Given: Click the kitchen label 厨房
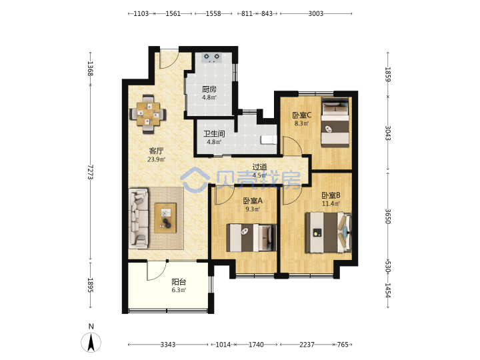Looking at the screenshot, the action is pyautogui.click(x=209, y=89).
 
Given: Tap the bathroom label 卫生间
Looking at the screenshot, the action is pyautogui.click(x=214, y=134).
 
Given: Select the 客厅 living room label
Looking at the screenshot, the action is pyautogui.click(x=156, y=151).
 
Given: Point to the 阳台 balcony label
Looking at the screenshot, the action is pyautogui.click(x=179, y=281).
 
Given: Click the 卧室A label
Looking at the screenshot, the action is pyautogui.click(x=253, y=201).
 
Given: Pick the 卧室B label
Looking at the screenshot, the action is pyautogui.click(x=331, y=195).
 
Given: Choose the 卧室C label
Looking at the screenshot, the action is pyautogui.click(x=302, y=115).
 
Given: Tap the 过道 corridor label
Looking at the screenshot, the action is pyautogui.click(x=259, y=167).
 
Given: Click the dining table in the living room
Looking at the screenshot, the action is pyautogui.click(x=148, y=114).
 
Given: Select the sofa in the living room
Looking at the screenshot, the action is pyautogui.click(x=139, y=218).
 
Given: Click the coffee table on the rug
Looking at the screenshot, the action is pyautogui.click(x=165, y=218).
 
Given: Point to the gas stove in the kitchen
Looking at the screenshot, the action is pyautogui.click(x=212, y=57).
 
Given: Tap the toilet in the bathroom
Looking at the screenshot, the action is pyautogui.click(x=269, y=139).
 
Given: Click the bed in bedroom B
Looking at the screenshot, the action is pyautogui.click(x=328, y=233).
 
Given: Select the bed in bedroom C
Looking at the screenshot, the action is pyautogui.click(x=335, y=122).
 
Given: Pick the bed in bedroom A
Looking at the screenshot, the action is pyautogui.click(x=251, y=238).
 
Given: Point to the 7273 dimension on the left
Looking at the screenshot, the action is pyautogui.click(x=90, y=172).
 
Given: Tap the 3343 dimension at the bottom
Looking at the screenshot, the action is pyautogui.click(x=168, y=345).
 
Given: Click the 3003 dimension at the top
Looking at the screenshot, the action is pyautogui.click(x=315, y=13).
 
